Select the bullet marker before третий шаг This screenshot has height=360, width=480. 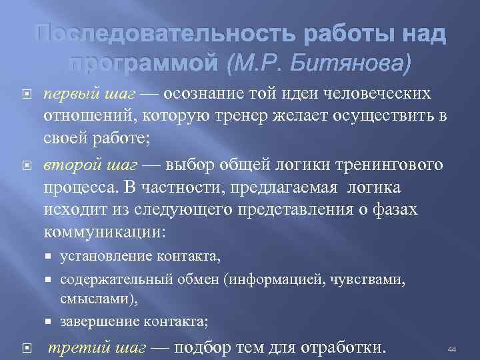click(x=27, y=347)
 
